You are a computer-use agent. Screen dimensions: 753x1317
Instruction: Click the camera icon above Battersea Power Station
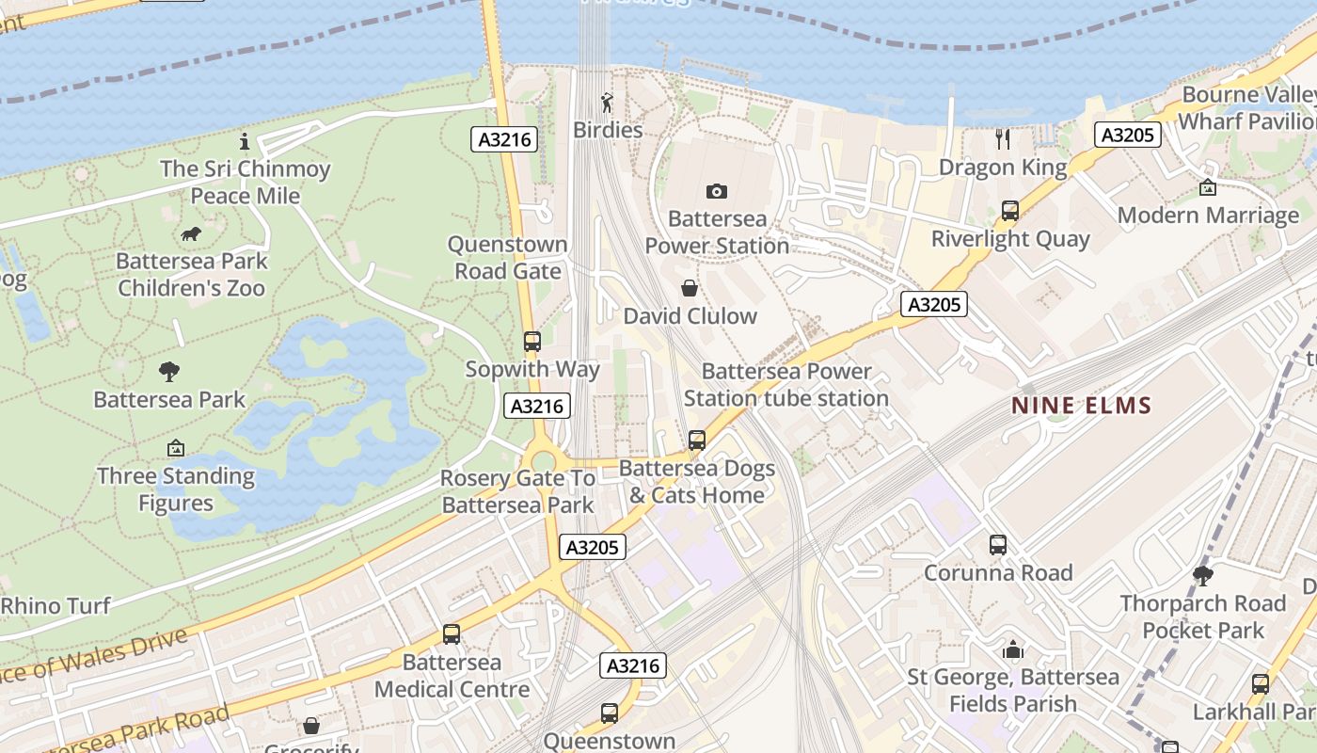[x=716, y=192]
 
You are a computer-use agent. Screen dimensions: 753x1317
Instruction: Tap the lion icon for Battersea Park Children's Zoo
[x=191, y=234]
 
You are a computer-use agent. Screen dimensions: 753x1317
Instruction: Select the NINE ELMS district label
[x=1081, y=406]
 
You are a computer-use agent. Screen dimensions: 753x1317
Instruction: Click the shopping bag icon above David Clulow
[x=690, y=288]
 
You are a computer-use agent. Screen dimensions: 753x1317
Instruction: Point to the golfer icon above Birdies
[x=607, y=103]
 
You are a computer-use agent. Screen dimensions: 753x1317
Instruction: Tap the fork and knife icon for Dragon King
[x=1003, y=140]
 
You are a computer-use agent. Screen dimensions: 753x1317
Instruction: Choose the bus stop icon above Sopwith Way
[x=532, y=342]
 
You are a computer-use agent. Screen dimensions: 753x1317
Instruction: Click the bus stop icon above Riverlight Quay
[x=1010, y=211]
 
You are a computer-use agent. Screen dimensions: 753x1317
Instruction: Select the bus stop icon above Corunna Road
[x=997, y=545]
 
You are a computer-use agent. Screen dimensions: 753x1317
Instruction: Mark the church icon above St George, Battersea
[x=1012, y=649]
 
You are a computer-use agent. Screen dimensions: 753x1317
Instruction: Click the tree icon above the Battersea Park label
[x=169, y=372]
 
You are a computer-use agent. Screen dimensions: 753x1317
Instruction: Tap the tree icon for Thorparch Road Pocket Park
[x=1202, y=575]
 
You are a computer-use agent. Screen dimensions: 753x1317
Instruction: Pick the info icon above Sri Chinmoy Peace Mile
[x=245, y=142]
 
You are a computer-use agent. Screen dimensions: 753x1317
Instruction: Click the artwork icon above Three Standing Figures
[x=175, y=448]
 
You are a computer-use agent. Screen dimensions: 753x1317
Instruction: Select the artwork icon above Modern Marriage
[x=1208, y=187]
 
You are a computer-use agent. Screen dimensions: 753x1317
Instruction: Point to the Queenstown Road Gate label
[x=507, y=258]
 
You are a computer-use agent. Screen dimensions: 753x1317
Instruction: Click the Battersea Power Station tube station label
[x=785, y=385]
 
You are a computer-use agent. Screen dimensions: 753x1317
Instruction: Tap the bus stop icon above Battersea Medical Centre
[x=452, y=634]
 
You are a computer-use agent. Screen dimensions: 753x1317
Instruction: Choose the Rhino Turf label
[x=56, y=606]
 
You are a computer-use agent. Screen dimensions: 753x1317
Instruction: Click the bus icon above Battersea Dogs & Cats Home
[x=696, y=440]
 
